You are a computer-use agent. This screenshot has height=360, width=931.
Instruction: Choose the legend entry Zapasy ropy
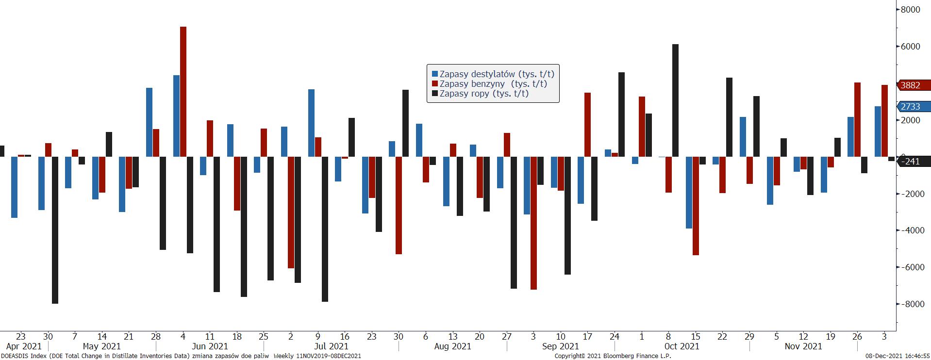click(x=483, y=94)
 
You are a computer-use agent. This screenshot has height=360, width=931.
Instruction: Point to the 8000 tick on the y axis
click(x=910, y=10)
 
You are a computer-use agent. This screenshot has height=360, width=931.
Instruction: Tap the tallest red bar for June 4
click(x=183, y=92)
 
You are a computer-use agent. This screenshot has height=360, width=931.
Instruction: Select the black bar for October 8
click(x=675, y=100)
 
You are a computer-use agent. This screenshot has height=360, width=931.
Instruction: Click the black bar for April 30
click(x=55, y=230)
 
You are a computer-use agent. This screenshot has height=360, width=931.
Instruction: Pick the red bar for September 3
click(x=533, y=223)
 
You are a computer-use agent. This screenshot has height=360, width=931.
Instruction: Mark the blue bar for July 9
click(x=311, y=123)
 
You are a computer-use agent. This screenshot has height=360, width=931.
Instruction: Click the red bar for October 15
click(x=696, y=206)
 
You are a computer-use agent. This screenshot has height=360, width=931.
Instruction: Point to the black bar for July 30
click(x=405, y=123)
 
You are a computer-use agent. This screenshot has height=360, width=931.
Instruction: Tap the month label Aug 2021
click(x=452, y=346)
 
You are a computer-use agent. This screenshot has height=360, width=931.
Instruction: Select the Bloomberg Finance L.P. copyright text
click(x=613, y=356)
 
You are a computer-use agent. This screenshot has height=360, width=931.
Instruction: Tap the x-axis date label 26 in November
click(x=857, y=336)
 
